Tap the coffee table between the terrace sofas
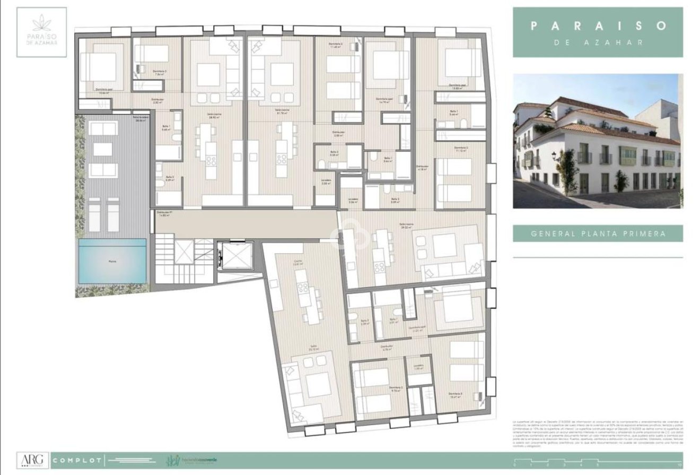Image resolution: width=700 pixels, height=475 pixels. [x=102, y=150]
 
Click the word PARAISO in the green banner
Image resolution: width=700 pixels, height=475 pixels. [x=598, y=25]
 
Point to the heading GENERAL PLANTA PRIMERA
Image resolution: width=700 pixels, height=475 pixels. [x=598, y=233]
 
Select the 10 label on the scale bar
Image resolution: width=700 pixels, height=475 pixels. [x=679, y=465]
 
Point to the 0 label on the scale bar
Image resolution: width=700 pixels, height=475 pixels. [x=514, y=465]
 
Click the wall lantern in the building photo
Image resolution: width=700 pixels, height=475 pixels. [x=555, y=156]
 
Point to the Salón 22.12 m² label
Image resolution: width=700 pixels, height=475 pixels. [x=315, y=349]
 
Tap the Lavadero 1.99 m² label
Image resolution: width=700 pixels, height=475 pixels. [x=419, y=367]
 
